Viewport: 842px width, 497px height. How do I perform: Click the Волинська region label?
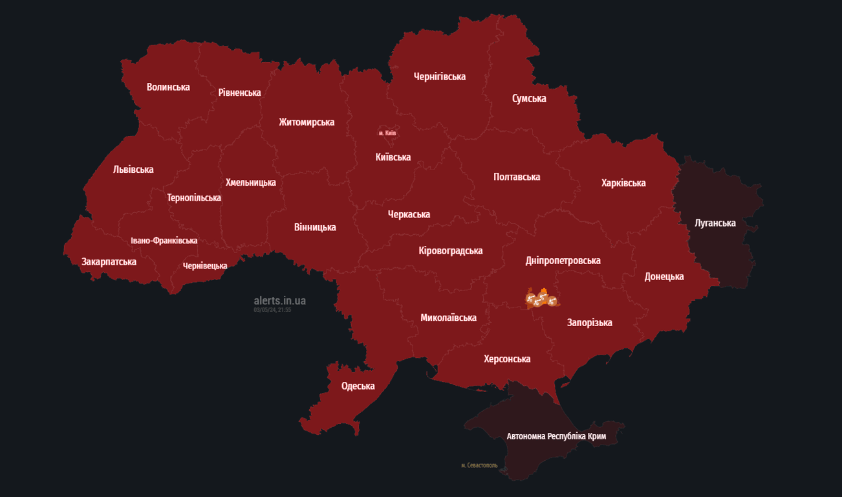tap(168, 87)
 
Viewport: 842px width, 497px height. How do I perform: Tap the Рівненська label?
tap(239, 93)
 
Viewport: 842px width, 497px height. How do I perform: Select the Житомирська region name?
tap(307, 122)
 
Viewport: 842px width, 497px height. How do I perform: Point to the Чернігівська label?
tap(440, 76)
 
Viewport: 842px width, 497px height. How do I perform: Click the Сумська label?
tap(529, 98)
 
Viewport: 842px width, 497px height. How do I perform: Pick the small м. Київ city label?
tap(387, 133)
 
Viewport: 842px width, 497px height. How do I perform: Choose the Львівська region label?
tap(133, 170)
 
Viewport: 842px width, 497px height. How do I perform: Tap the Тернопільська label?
tap(194, 198)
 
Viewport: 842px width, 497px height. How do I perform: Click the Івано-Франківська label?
tap(164, 241)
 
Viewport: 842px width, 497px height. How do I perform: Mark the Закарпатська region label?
tap(109, 262)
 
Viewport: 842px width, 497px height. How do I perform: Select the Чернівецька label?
tap(205, 266)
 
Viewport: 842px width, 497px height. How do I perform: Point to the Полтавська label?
tap(517, 177)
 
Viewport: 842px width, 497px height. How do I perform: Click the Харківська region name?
tap(623, 183)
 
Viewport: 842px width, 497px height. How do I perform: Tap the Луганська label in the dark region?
tap(715, 223)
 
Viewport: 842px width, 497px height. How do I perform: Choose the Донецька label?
tap(664, 277)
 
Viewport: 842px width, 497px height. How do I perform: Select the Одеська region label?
tap(358, 386)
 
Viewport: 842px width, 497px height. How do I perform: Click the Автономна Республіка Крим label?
tap(556, 436)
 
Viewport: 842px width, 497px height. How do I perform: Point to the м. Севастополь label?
tap(479, 465)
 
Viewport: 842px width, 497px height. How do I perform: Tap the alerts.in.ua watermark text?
tap(279, 301)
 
